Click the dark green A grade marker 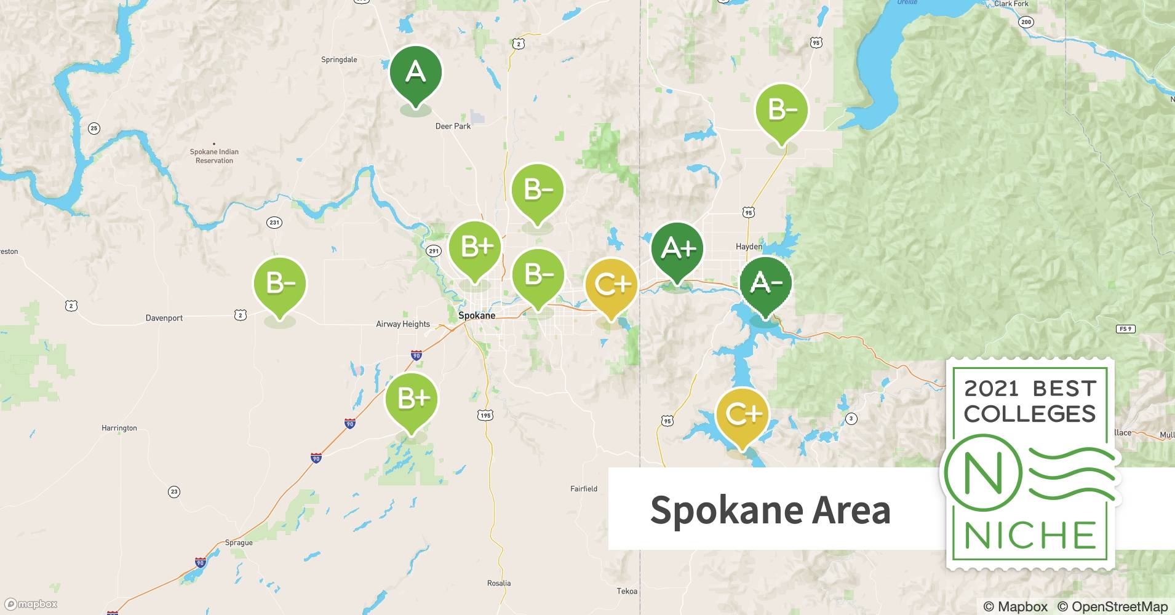(x=415, y=73)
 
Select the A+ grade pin (x=677, y=249)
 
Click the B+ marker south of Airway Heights (x=412, y=399)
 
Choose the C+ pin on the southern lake (x=743, y=415)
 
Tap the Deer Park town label (x=453, y=126)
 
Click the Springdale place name (x=339, y=60)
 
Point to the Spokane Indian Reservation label (x=214, y=156)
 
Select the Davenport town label (x=164, y=318)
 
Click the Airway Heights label (x=403, y=324)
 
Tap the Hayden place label (x=749, y=247)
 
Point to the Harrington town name (x=119, y=428)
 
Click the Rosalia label (x=499, y=583)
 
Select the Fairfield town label (x=584, y=489)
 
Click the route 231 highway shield (x=274, y=223)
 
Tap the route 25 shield (x=94, y=129)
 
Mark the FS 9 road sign (x=1125, y=329)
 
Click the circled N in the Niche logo (x=982, y=473)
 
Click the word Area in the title (x=851, y=510)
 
